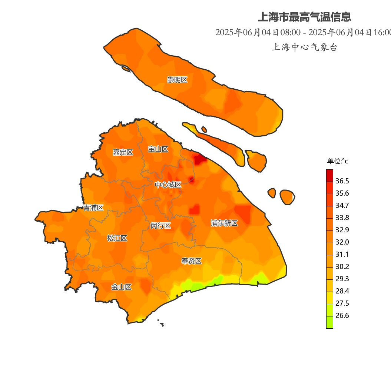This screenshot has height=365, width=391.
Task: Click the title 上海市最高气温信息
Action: (x=304, y=17)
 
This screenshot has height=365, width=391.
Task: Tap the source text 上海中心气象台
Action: (x=304, y=47)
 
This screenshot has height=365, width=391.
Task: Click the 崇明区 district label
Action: (x=177, y=80)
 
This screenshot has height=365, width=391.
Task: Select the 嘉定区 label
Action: (x=123, y=152)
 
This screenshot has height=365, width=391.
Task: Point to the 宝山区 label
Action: (x=158, y=149)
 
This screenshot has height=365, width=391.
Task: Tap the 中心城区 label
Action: (x=168, y=185)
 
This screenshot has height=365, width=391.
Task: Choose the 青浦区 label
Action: (x=93, y=208)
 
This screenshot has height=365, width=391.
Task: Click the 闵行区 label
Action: (x=160, y=225)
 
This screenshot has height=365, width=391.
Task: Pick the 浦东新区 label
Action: (x=224, y=223)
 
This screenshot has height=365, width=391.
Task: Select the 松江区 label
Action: (x=117, y=238)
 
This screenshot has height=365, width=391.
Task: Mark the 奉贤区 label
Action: (x=191, y=261)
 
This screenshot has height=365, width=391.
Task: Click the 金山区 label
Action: (x=122, y=287)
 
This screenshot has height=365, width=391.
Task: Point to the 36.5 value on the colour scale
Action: (x=342, y=181)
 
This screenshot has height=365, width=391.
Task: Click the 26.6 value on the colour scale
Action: (x=342, y=316)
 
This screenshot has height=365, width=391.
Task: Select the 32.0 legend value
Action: (x=342, y=242)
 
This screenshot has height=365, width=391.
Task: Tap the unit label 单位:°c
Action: (x=337, y=161)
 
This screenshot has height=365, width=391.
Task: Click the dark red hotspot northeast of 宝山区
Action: (x=200, y=159)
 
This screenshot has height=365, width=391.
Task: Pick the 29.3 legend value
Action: (x=342, y=279)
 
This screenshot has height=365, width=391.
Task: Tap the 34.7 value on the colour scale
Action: (x=342, y=206)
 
